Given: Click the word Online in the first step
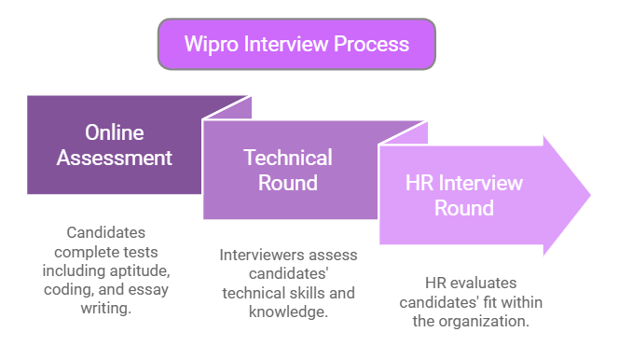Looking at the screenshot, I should click(x=115, y=132).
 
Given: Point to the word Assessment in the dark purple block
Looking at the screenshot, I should click(x=115, y=158).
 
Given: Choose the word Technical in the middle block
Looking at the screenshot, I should click(x=287, y=157).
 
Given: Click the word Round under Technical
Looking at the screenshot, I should click(x=287, y=182).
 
